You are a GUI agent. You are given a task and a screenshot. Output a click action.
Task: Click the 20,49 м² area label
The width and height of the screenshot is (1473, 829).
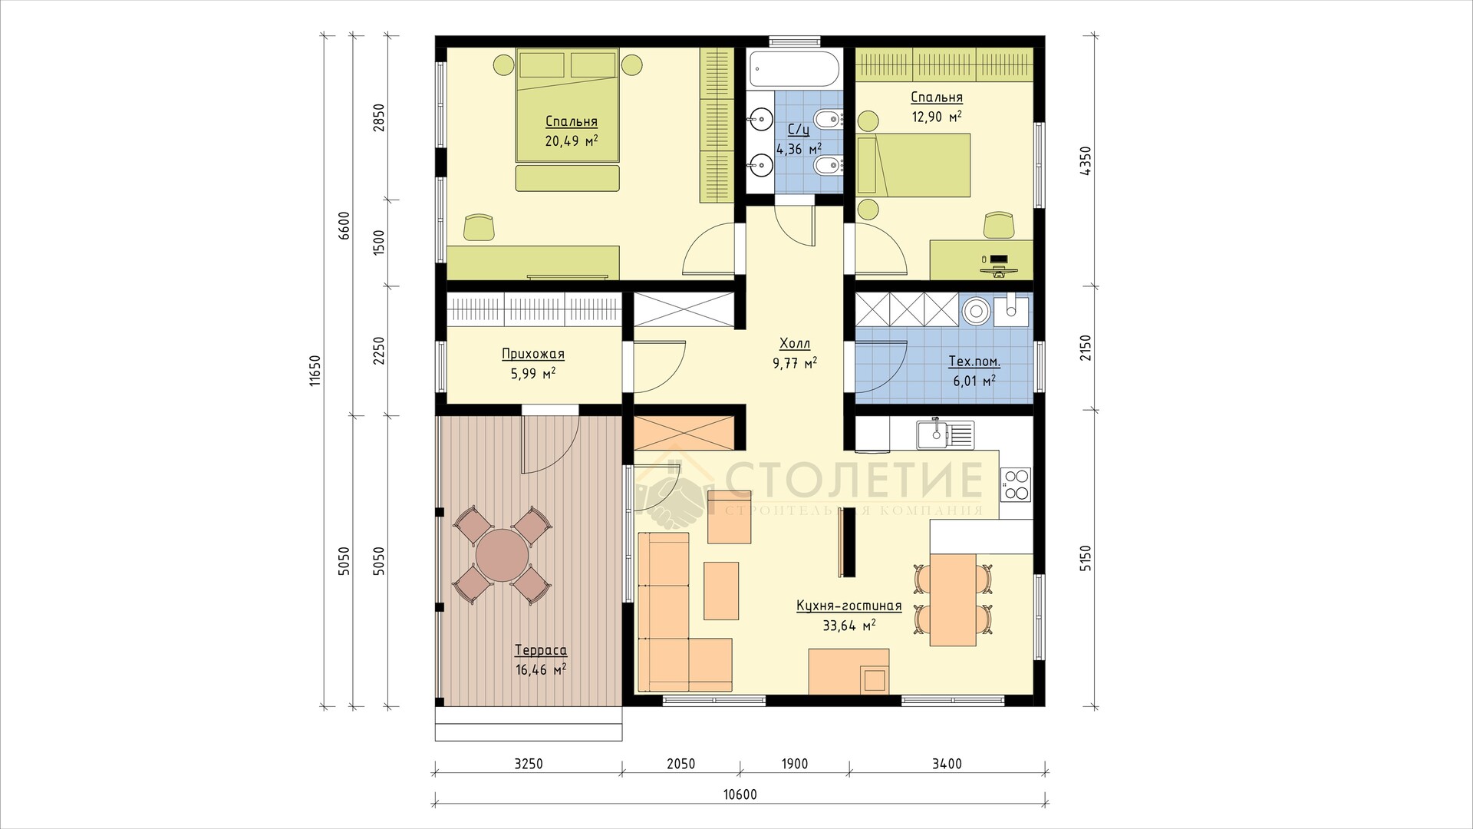[x=572, y=141]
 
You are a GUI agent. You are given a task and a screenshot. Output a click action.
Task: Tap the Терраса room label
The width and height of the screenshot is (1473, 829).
[x=541, y=651]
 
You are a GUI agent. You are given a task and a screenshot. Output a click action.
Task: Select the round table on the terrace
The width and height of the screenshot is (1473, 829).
[x=503, y=555]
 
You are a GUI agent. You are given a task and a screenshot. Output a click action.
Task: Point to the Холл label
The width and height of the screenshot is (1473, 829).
[x=794, y=343]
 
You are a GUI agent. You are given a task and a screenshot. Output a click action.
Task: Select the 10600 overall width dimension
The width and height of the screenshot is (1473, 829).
[x=740, y=794]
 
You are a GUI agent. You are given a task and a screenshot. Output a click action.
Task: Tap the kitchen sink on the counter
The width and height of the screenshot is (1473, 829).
[x=944, y=434]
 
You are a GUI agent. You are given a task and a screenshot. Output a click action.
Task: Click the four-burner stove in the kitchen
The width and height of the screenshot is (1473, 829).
[x=1015, y=484]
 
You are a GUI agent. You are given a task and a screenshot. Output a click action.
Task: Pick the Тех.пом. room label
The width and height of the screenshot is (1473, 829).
[x=974, y=362]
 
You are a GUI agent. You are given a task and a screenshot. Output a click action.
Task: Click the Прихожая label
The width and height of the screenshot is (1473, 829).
[x=533, y=355]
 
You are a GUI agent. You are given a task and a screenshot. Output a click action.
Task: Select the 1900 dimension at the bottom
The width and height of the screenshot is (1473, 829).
[x=795, y=764]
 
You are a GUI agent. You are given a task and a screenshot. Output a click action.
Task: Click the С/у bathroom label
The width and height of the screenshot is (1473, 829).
[x=799, y=130]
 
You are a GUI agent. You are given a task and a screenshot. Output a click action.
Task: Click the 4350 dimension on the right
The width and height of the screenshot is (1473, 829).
[x=1085, y=161]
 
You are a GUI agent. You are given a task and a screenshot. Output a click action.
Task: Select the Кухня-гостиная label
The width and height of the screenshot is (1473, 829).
[x=849, y=606]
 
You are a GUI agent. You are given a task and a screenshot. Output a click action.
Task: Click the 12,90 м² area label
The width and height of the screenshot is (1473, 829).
[x=937, y=117]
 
